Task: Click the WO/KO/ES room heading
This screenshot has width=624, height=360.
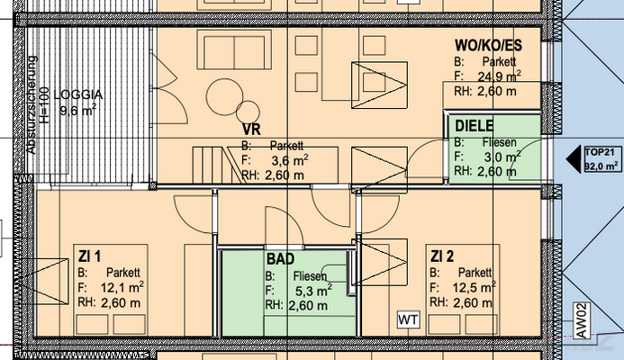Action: [488, 45]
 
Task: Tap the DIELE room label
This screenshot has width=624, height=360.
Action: [474, 126]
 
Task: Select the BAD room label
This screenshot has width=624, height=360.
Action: [281, 259]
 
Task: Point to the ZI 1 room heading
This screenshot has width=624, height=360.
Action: [89, 256]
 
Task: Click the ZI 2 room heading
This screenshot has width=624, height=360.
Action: [442, 256]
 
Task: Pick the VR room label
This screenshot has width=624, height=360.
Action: [251, 130]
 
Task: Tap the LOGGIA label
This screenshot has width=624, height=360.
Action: [78, 95]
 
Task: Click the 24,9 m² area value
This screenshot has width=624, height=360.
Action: [499, 76]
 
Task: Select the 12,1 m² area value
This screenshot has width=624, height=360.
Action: [122, 287]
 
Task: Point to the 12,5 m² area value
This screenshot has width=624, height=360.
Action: [474, 287]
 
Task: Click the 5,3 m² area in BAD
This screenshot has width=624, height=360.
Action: [313, 291]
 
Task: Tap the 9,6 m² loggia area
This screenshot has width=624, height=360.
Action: [78, 110]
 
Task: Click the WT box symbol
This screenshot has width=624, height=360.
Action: [408, 319]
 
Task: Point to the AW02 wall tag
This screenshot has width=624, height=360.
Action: [581, 320]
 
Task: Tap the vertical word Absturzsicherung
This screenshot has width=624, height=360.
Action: [32, 105]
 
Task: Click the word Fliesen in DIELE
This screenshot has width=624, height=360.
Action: [500, 142]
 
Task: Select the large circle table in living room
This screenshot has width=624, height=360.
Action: [224, 97]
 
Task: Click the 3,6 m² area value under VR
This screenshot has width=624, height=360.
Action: [290, 161]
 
